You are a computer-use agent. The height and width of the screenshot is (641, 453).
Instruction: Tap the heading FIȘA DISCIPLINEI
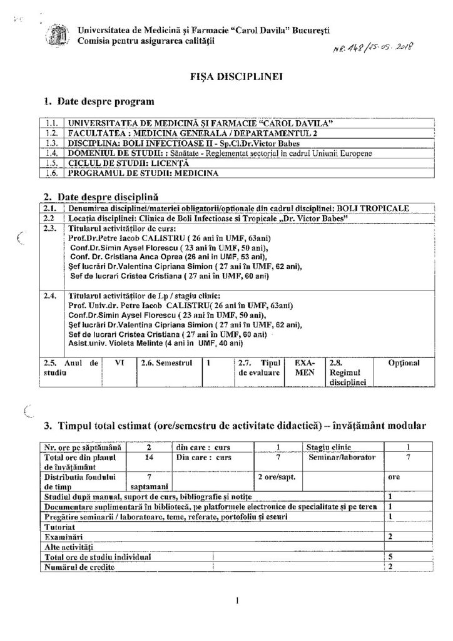click(226, 78)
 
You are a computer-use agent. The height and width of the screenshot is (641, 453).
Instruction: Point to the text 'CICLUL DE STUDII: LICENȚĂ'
click(115, 163)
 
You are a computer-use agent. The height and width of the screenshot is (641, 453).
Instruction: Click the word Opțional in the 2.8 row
click(403, 362)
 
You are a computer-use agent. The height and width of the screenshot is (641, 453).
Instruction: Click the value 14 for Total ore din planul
click(148, 458)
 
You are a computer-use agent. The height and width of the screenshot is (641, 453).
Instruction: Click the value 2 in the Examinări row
click(391, 536)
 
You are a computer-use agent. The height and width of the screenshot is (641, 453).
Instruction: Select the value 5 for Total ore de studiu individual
click(391, 556)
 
